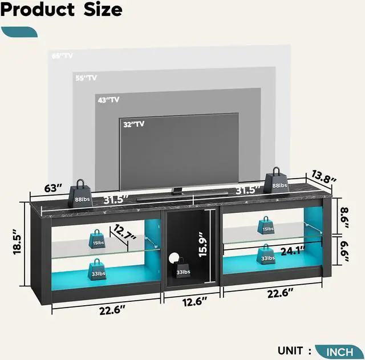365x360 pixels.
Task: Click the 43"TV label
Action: point(109,100)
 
